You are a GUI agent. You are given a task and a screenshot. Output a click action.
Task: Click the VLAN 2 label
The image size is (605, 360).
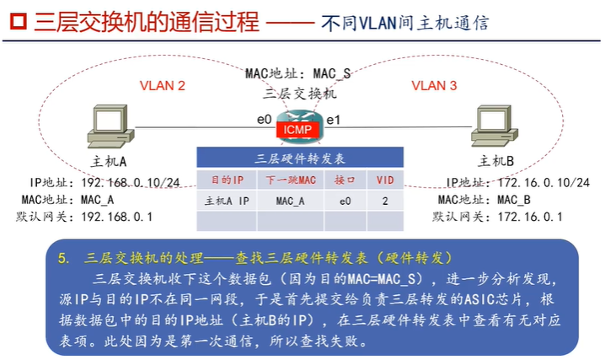point(162,85)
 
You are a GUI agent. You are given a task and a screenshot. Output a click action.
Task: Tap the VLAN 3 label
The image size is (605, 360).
point(434,85)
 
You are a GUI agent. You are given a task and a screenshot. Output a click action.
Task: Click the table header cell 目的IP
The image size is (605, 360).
point(226,180)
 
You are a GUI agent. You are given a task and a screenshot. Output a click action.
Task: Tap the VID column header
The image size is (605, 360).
point(384,180)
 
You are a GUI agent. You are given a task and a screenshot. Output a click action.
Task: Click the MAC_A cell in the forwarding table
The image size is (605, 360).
point(290,201)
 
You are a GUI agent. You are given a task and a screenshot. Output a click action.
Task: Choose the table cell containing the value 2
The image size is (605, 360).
point(384,201)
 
